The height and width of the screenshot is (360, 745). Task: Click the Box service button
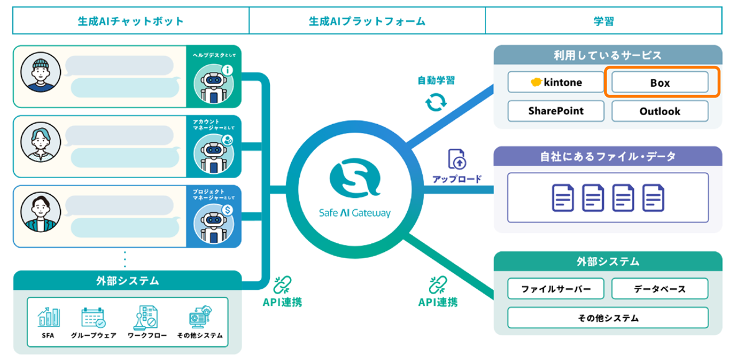click(x=660, y=83)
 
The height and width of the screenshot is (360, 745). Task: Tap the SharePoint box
click(x=556, y=111)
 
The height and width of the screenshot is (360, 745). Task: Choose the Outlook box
click(x=660, y=111)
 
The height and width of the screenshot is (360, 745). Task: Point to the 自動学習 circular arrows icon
click(x=436, y=101)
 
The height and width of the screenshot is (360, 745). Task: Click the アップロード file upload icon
click(x=457, y=161)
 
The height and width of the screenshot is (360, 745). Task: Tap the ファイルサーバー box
click(x=556, y=289)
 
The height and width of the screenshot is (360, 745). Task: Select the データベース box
click(x=660, y=289)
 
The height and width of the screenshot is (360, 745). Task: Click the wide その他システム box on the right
click(x=608, y=318)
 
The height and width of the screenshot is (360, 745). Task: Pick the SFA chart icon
click(x=49, y=318)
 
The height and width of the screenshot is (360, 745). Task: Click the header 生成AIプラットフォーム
click(x=367, y=21)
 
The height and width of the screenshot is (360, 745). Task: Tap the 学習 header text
click(x=603, y=21)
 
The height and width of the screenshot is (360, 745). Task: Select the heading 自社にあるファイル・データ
click(x=608, y=156)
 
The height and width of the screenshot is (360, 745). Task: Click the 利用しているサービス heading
click(x=608, y=55)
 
